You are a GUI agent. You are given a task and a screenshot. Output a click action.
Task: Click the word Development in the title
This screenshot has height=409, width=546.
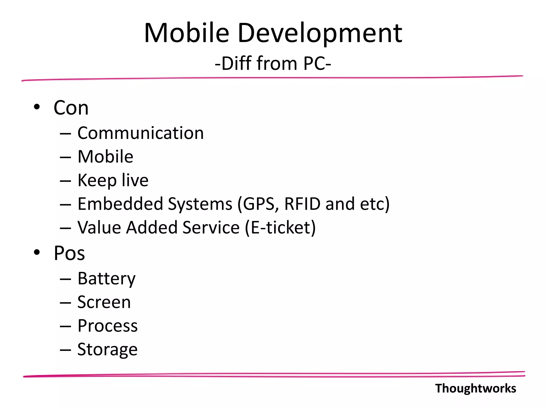coord(320,33)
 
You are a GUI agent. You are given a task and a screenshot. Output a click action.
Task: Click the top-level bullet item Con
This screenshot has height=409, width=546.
coord(71,108)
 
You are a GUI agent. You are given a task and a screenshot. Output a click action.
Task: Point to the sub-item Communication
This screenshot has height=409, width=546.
coord(140,133)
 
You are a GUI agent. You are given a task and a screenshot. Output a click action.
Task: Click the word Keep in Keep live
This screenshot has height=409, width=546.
coord(97,181)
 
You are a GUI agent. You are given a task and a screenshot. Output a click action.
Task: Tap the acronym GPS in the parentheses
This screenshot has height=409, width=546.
coord(258,204)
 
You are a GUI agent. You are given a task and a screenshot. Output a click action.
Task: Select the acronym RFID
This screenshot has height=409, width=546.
coord(302,204)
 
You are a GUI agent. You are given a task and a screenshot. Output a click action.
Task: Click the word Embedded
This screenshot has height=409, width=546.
coord(120,204)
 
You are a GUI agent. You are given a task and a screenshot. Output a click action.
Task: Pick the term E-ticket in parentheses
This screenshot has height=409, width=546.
coord(280,227)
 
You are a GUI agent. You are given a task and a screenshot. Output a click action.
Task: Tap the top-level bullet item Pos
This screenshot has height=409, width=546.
coord(69,253)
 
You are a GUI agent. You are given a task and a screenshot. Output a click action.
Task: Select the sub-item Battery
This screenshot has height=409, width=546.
coord(106,279)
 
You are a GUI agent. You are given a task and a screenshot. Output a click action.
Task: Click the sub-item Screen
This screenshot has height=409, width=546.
coord(104,302)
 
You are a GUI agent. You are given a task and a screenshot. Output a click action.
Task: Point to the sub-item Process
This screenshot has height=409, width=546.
coord(107,326)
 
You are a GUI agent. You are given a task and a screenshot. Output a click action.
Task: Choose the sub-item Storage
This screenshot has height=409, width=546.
coord(107,349)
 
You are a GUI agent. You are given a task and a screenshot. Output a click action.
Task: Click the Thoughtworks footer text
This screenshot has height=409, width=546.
coord(476,388)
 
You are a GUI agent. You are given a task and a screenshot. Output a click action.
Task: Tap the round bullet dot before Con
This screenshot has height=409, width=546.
coord(37,107)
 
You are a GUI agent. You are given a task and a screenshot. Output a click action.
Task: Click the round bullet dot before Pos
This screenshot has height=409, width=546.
coord(37,252)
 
